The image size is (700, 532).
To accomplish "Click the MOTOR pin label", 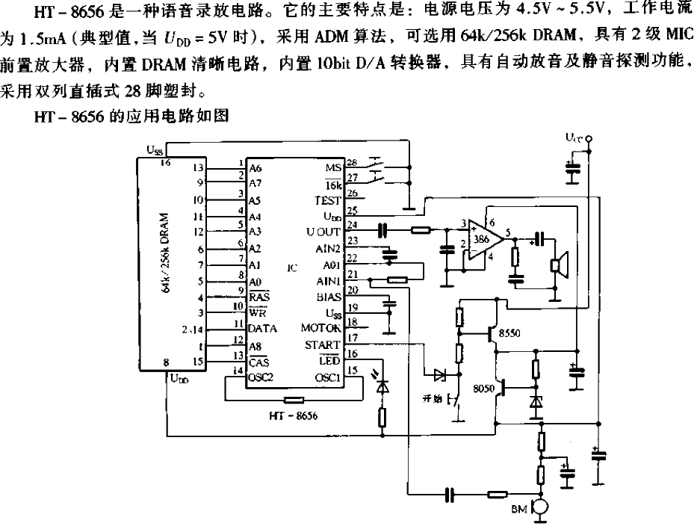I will pos(320,327).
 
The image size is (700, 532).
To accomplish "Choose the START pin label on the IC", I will pos(323,344).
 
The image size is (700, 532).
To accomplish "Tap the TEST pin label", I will pos(327,201).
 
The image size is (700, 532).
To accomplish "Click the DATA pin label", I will pos(262,328).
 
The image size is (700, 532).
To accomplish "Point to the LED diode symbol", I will pos(383,388).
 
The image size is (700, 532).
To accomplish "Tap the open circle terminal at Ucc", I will pos(589,139).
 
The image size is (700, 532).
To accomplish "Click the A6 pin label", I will pos(257,169).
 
